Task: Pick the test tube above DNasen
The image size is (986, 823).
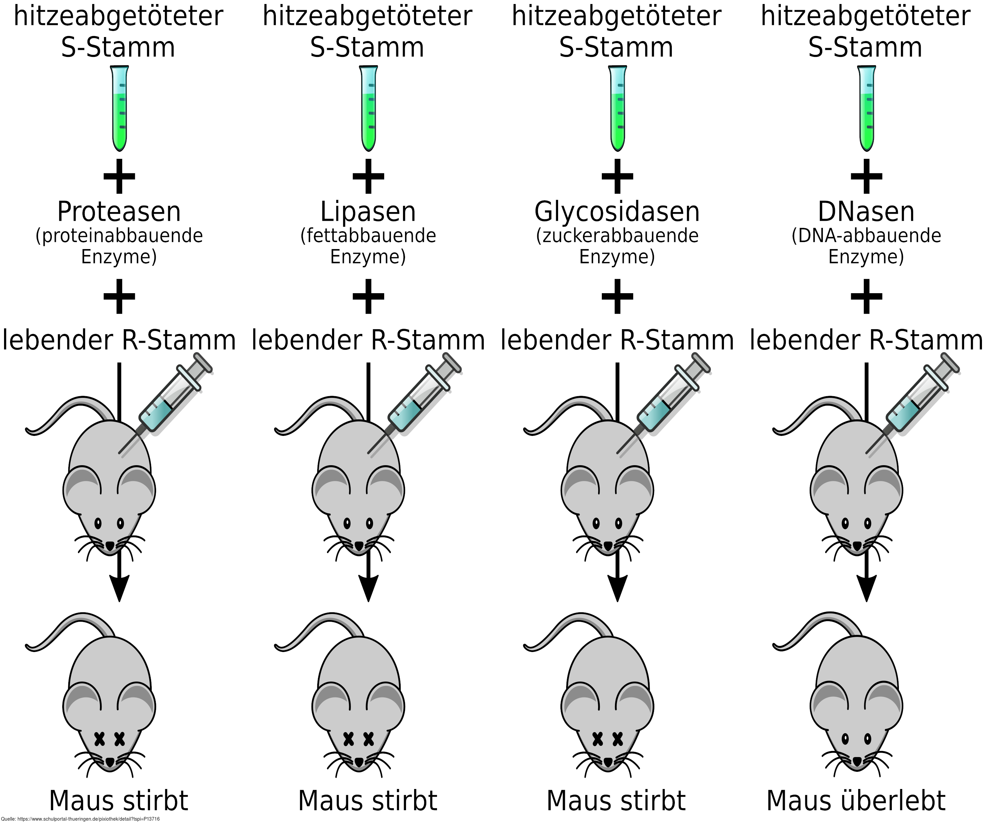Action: pos(867,108)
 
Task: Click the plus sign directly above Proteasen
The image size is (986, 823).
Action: pos(119,176)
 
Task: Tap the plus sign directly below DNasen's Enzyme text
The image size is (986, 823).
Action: pos(867,296)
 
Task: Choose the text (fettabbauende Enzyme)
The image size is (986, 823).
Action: pos(368,246)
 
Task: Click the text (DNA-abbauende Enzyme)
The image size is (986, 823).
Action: pos(866,246)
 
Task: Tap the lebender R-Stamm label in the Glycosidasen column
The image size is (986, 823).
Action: pos(617,340)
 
